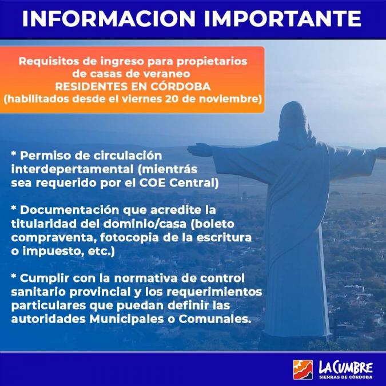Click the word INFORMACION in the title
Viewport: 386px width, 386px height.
[109, 18]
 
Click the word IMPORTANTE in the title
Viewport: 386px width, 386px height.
[282, 18]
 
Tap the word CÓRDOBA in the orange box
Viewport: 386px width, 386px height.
[181, 86]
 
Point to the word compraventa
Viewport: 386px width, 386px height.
[54, 237]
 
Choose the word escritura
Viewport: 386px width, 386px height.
[224, 237]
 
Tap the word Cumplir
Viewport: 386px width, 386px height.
[44, 278]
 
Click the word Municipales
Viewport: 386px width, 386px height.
[126, 319]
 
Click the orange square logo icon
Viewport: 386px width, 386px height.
[303, 369]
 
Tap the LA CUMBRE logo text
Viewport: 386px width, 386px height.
[345, 368]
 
